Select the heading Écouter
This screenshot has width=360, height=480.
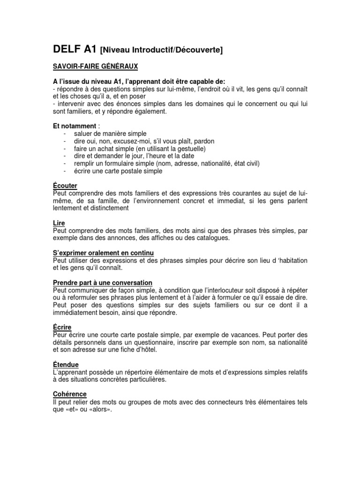[x=64, y=186]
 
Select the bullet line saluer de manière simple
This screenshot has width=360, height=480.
[x=110, y=134]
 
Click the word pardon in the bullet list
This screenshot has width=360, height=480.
[x=204, y=141]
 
